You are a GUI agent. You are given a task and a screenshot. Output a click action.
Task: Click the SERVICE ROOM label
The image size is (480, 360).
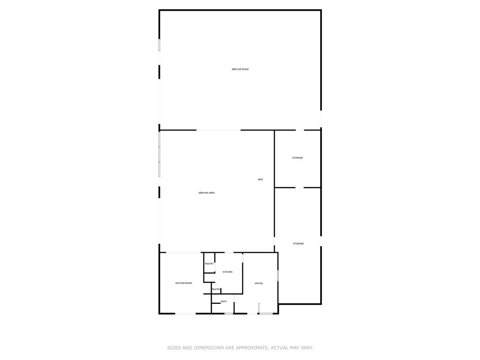pyautogui.click(x=240, y=69)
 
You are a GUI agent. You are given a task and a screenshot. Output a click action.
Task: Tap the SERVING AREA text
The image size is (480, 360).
pyautogui.click(x=207, y=193)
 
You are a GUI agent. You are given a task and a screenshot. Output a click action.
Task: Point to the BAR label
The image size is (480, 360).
pyautogui.click(x=261, y=180)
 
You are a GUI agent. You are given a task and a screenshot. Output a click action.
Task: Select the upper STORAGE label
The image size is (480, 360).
pyautogui.click(x=298, y=158)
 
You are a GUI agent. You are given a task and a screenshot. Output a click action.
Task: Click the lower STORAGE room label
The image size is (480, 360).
pyautogui.click(x=299, y=244)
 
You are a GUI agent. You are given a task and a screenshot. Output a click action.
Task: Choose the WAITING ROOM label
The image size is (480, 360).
pyautogui.click(x=184, y=283)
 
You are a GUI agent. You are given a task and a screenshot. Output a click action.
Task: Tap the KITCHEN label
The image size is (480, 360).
pyautogui.click(x=227, y=272)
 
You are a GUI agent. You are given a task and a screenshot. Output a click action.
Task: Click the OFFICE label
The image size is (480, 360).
pyautogui.click(x=259, y=284)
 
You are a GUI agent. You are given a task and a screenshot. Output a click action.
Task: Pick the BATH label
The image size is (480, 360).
pyautogui.click(x=224, y=301)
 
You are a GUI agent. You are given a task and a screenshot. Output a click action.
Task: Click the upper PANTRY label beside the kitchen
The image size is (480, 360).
pyautogui.click(x=210, y=264)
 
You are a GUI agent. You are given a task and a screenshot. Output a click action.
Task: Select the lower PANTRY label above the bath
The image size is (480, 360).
pyautogui.click(x=216, y=289)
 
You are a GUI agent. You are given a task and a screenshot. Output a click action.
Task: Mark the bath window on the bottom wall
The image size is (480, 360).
pyautogui.click(x=229, y=314)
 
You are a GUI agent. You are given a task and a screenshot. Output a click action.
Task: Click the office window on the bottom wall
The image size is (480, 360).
pyautogui.click(x=266, y=314)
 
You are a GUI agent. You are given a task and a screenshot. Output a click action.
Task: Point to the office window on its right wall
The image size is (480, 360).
pyautogui.click(x=278, y=275)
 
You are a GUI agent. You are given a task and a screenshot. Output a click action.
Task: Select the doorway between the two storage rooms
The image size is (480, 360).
pyautogui.click(x=300, y=187)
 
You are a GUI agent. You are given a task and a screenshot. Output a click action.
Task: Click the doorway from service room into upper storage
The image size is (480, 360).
pyautogui.click(x=300, y=130)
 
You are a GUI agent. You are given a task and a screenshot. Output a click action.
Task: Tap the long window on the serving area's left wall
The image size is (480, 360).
pyautogui.click(x=159, y=154)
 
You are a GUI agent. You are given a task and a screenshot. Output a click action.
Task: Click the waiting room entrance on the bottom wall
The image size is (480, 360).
pyautogui.click(x=186, y=314)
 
